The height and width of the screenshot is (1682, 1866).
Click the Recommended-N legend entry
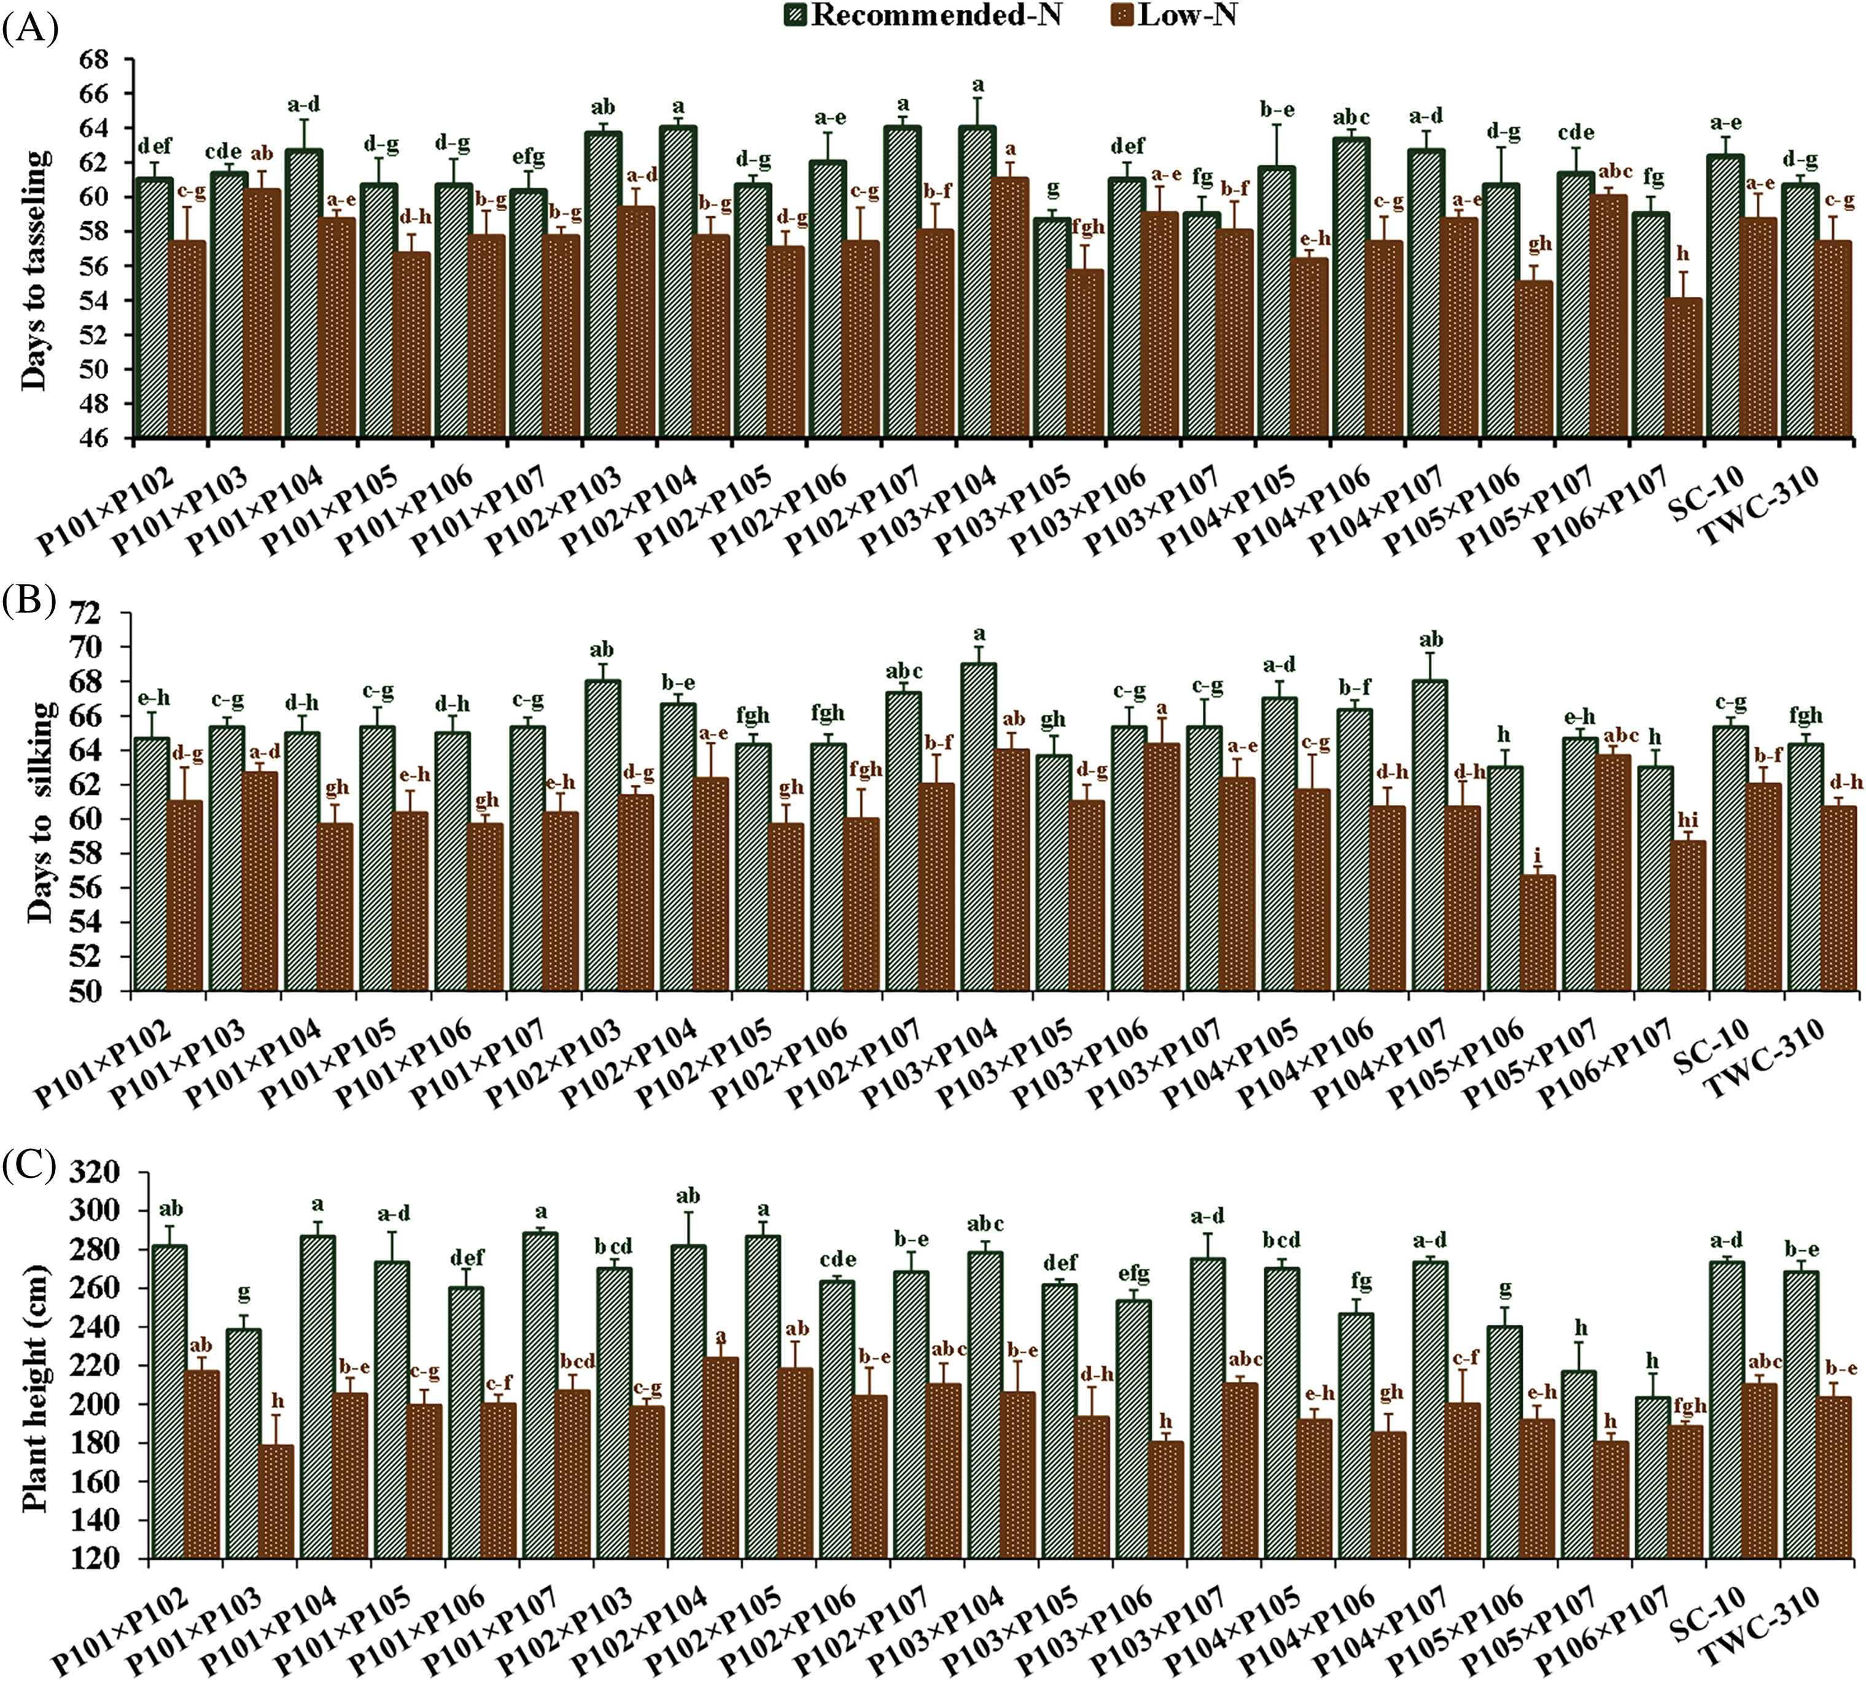(933, 16)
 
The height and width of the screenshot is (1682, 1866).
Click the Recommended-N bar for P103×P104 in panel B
(979, 827)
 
